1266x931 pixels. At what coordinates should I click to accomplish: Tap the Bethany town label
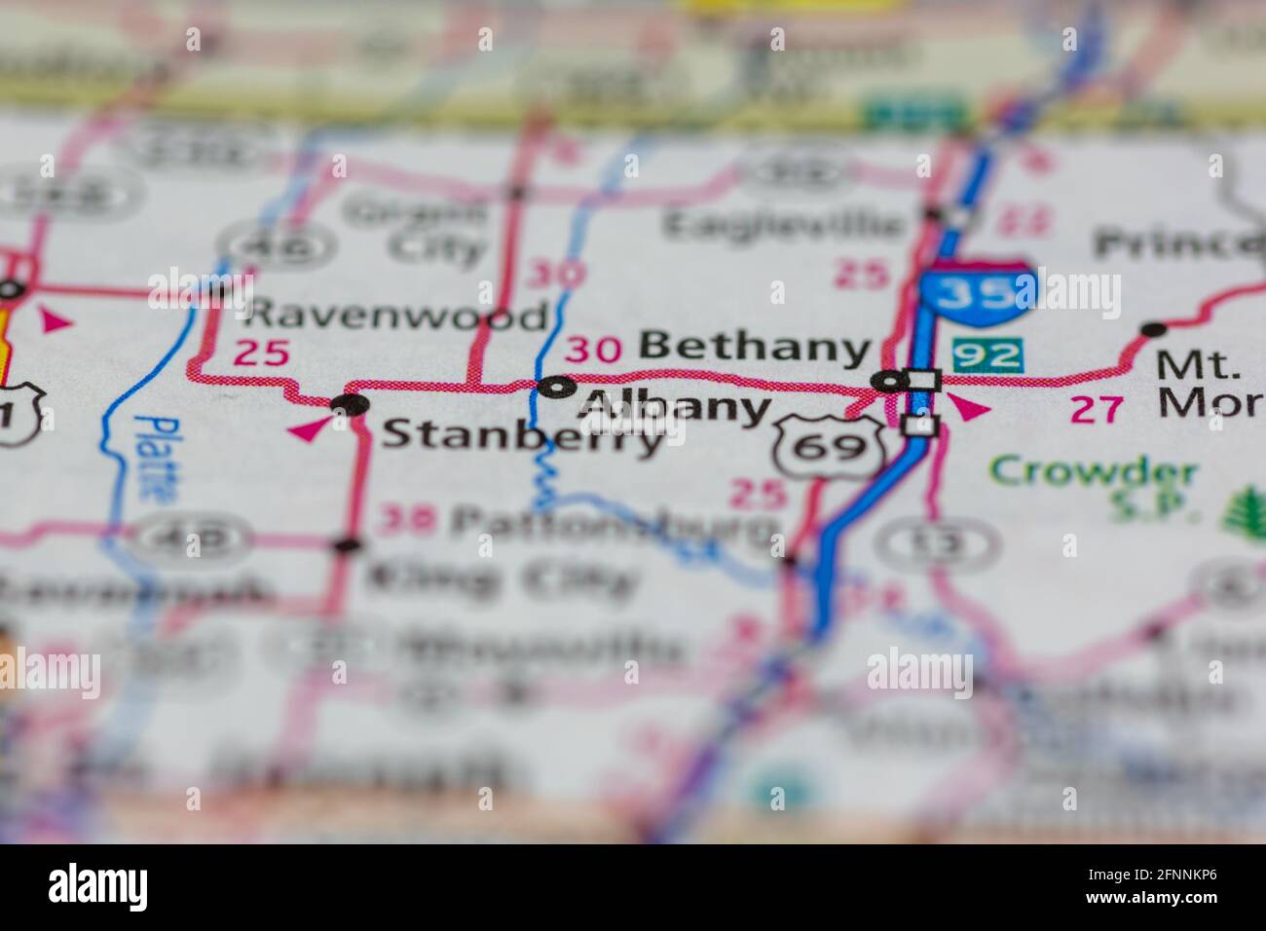click(x=754, y=347)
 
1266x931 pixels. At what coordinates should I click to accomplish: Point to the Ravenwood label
click(x=396, y=316)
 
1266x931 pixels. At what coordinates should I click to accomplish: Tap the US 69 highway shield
click(x=829, y=446)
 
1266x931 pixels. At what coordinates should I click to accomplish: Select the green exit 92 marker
click(x=987, y=354)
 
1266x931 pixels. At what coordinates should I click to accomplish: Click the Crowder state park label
click(x=1094, y=474)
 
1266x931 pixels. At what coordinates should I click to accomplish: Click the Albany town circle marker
click(x=556, y=387)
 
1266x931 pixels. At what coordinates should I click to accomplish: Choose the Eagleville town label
click(x=783, y=225)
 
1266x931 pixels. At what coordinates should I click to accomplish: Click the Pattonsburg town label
click(x=614, y=527)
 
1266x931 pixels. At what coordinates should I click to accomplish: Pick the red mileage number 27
click(x=1096, y=409)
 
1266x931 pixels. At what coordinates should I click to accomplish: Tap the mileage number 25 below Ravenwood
click(x=263, y=353)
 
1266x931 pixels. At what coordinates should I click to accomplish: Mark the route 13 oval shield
click(x=937, y=542)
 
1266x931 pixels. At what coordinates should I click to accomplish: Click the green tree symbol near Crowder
click(x=1239, y=505)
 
